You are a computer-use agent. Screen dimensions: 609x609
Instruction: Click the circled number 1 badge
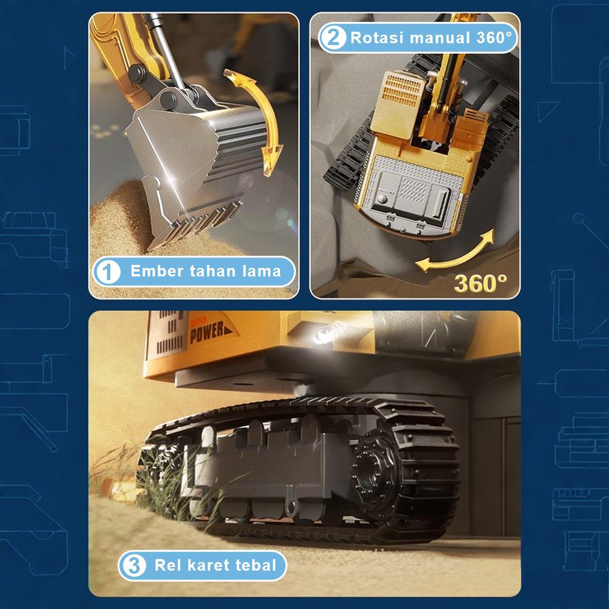[x=108, y=272]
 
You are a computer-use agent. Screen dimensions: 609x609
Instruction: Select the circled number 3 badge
[x=133, y=565]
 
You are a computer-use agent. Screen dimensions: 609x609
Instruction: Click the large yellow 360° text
[x=481, y=283]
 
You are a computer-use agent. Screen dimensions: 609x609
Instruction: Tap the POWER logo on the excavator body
[x=210, y=331]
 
